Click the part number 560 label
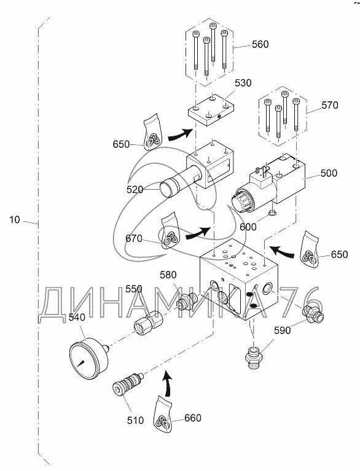pos(260,44)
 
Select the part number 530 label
pos(243,83)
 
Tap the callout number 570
pos(330,106)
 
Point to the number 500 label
pos(329,173)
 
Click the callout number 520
pos(135,190)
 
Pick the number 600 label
pos(248,227)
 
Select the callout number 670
pos(134,238)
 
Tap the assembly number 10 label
pos(14,220)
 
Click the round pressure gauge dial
pos(88,357)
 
